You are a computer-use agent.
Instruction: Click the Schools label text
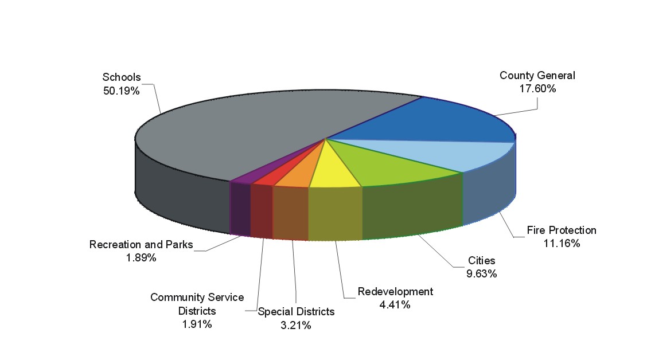(x=122, y=77)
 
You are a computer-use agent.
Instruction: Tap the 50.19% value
(x=122, y=91)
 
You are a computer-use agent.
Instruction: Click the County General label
(x=537, y=76)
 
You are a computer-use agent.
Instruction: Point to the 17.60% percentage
(x=537, y=89)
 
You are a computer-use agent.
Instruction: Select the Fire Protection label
(x=562, y=230)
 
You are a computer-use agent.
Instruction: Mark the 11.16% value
(x=562, y=244)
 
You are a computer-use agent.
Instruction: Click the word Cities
(x=481, y=261)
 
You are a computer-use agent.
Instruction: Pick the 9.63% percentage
(x=481, y=274)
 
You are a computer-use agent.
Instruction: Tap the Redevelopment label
(x=395, y=292)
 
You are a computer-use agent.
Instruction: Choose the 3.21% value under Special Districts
(x=296, y=326)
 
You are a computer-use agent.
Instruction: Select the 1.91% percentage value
(x=197, y=324)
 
